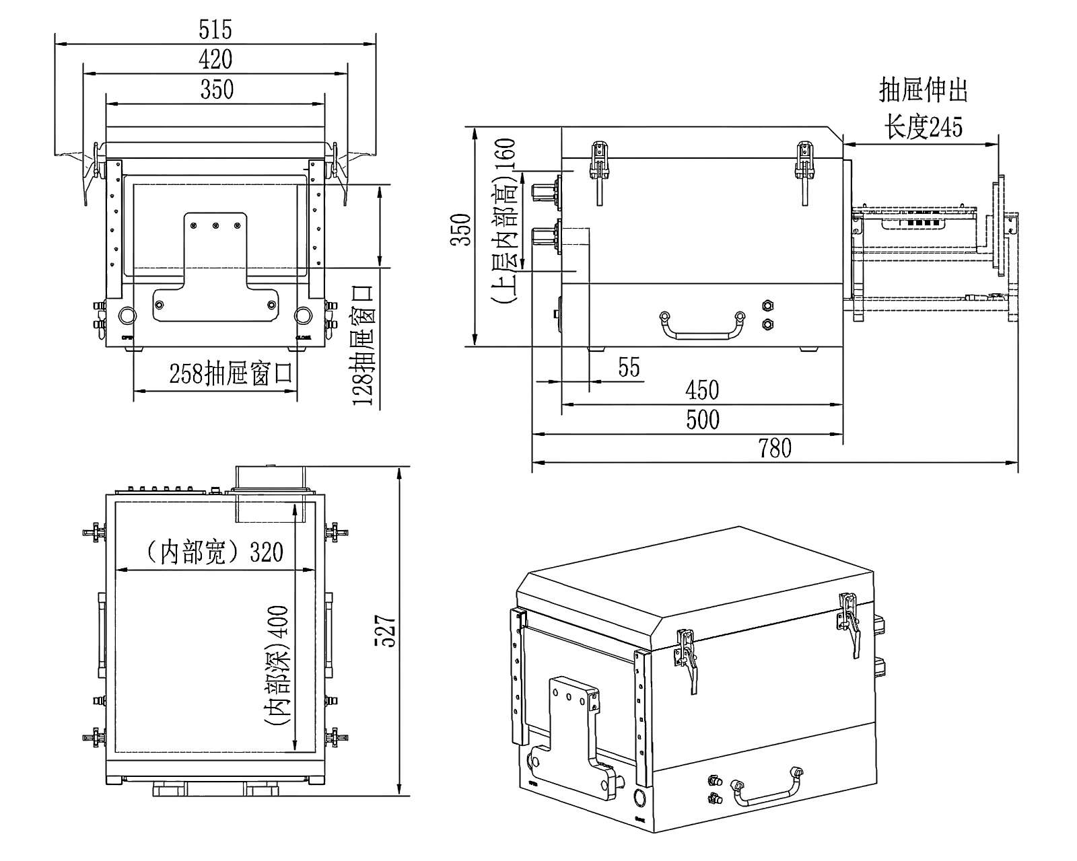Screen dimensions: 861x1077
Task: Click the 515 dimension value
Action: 215,30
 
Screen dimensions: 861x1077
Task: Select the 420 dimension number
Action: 215,59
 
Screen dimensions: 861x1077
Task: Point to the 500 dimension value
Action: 702,420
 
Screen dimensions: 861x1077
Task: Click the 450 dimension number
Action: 702,390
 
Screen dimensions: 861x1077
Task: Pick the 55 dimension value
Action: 629,368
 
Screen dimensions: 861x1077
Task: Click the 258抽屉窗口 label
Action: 231,373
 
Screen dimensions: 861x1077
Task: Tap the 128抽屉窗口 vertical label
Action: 363,345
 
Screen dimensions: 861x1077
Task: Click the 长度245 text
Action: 923,126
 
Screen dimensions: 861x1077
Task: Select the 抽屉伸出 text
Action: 923,90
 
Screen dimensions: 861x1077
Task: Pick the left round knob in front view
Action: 126,315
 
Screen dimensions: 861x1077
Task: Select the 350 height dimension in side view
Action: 461,229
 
